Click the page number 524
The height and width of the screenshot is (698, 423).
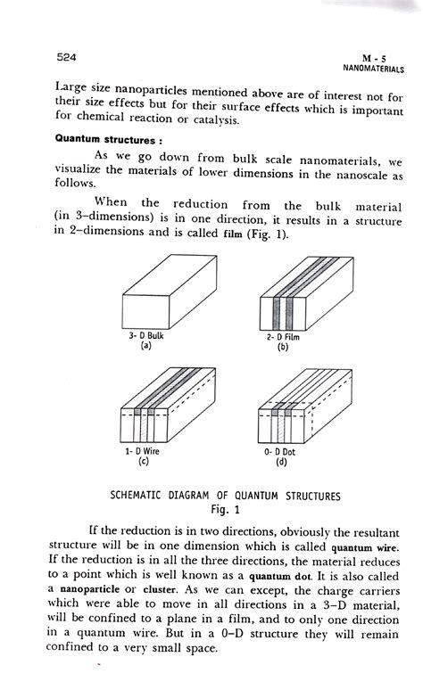pos(67,56)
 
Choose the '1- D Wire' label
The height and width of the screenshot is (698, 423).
pos(144,452)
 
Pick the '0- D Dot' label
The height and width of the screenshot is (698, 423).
pos(282,452)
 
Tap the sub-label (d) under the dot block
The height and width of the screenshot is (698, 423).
pos(282,463)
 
